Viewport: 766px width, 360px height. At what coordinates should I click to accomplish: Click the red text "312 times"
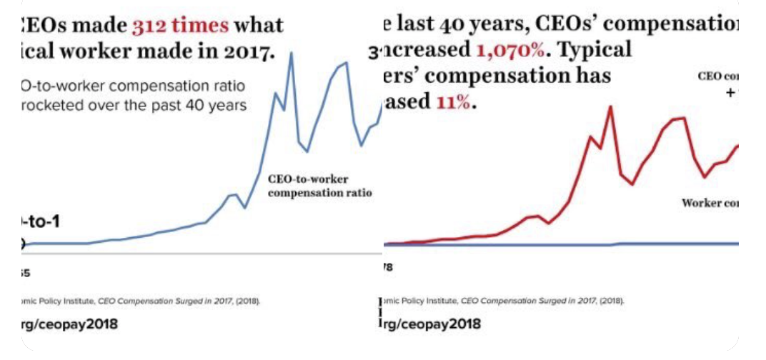pos(180,26)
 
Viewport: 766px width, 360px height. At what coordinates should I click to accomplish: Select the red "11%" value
pos(454,101)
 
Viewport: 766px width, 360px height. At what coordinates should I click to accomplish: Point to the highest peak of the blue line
pos(292,53)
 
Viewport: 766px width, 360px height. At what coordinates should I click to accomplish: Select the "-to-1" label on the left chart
pos(40,222)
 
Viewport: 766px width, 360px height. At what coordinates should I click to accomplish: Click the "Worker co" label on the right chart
pos(710,203)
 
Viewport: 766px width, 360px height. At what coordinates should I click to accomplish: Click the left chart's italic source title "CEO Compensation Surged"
pos(157,301)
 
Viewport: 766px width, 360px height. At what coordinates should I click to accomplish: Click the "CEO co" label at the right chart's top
pos(717,77)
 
